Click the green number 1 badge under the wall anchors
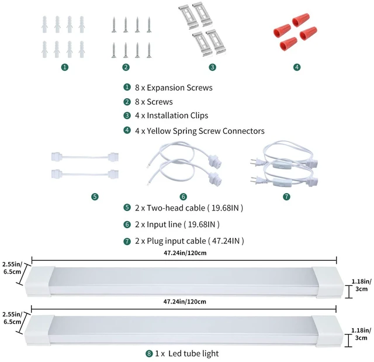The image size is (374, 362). point(65,67)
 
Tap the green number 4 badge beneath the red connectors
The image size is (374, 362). point(297,67)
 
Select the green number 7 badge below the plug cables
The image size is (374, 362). point(286,196)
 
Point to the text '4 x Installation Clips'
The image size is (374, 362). point(171,115)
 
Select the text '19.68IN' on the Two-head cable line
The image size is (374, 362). point(225,208)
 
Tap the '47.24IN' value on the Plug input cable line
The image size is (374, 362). point(226,241)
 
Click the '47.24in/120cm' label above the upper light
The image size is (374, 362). point(185,253)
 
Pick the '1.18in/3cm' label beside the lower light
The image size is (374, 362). point(361,334)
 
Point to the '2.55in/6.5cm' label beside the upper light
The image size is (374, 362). point(12,268)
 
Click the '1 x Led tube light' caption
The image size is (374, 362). point(187,353)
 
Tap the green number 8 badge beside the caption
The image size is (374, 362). point(149,353)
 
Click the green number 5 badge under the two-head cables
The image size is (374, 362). point(95,196)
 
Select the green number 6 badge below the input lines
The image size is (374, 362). point(183,196)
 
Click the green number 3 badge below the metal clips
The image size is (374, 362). point(212,67)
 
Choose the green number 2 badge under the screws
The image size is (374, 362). point(126,67)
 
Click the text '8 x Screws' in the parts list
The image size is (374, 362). point(154,102)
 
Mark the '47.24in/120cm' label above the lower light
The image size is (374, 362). point(185,302)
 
